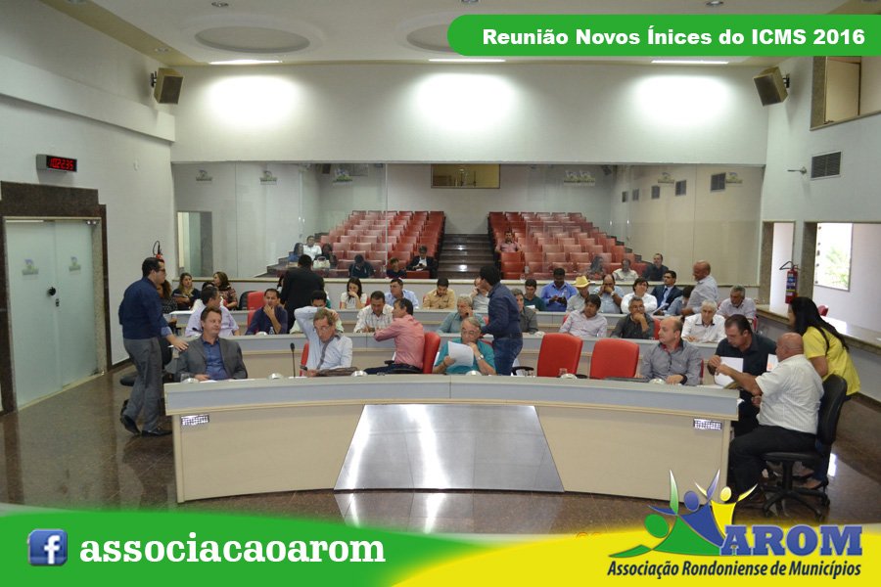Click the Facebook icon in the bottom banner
pyautogui.click(x=47, y=547)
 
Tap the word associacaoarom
pyautogui.click(x=232, y=548)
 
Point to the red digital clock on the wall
pyautogui.click(x=57, y=163)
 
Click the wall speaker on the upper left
pyautogui.click(x=167, y=85)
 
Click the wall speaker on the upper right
pyautogui.click(x=771, y=86)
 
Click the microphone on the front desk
pyautogui.click(x=293, y=359)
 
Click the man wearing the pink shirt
pyautogui.click(x=401, y=337)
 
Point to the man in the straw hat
pyautogui.click(x=579, y=293)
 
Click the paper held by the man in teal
pyautogui.click(x=461, y=353)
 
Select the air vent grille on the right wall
pyautogui.click(x=825, y=165)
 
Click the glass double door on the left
pyautogui.click(x=51, y=311)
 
